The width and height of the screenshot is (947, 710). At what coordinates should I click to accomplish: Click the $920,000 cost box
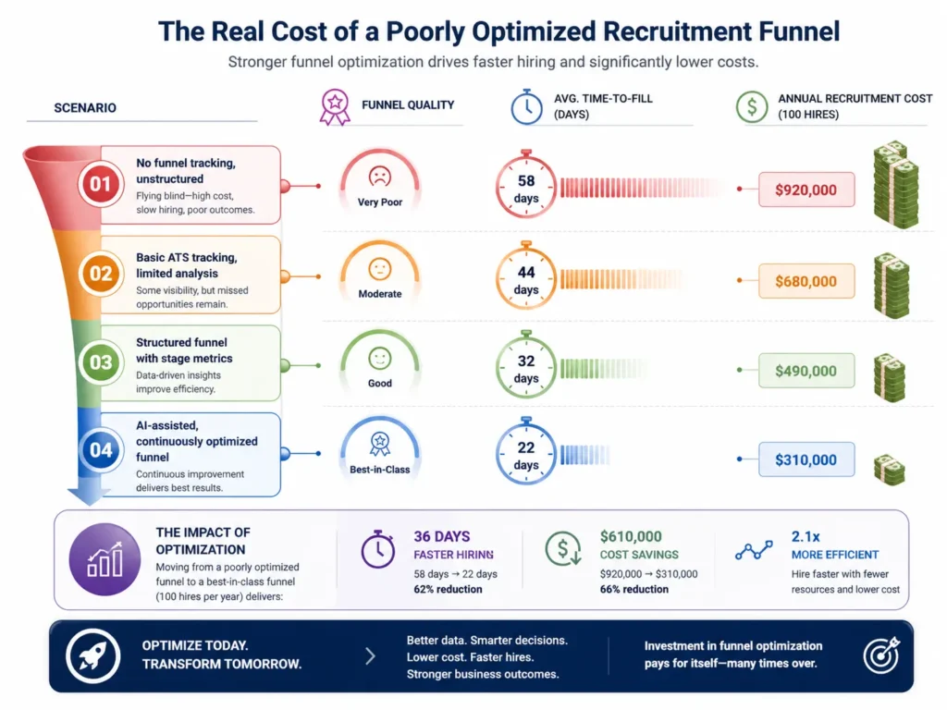806,190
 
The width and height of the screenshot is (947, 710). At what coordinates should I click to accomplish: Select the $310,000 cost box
806,459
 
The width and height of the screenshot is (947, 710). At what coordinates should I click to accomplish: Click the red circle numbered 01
100,184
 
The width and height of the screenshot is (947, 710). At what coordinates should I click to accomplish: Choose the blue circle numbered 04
100,452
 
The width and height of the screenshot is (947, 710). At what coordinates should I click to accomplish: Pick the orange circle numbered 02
100,274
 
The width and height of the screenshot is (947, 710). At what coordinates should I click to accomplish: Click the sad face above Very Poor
379,176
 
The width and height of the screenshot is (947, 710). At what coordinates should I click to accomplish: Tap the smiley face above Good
379,357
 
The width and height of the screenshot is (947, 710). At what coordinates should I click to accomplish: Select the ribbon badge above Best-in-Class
379,444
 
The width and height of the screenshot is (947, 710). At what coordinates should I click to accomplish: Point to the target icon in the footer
880,655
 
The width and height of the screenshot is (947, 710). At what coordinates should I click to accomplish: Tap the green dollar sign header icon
752,107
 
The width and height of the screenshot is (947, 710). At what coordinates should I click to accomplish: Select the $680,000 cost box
806,281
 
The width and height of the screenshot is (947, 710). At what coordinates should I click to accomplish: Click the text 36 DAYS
442,536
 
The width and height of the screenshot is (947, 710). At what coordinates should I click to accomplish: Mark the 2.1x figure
807,536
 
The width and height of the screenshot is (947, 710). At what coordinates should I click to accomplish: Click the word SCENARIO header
85,107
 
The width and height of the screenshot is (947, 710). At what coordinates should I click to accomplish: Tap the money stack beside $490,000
889,373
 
